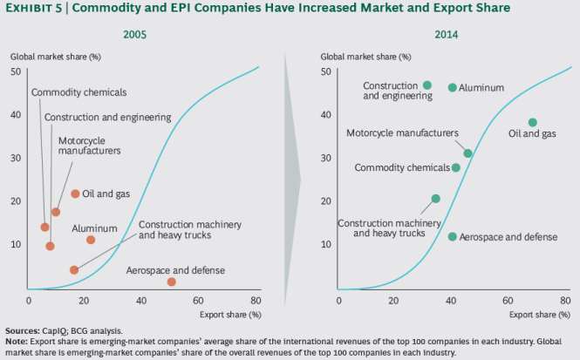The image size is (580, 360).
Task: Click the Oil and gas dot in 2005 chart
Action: pyautogui.click(x=75, y=194)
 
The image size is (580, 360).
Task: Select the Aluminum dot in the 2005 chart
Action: pyautogui.click(x=91, y=240)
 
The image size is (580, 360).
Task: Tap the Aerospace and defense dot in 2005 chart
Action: pyautogui.click(x=171, y=282)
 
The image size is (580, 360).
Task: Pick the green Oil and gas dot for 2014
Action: pyautogui.click(x=532, y=122)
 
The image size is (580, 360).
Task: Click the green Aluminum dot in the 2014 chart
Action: pyautogui.click(x=452, y=87)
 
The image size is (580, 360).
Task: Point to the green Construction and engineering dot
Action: pyautogui.click(x=426, y=85)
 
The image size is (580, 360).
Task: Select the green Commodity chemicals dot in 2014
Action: pyautogui.click(x=455, y=167)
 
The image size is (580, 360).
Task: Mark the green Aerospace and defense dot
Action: pyautogui.click(x=452, y=236)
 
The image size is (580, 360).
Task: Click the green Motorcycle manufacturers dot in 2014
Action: pyautogui.click(x=467, y=153)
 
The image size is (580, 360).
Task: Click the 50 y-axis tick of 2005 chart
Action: pyautogui.click(x=16, y=71)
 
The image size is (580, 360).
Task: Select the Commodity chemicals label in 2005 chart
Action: pyautogui.click(x=79, y=92)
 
